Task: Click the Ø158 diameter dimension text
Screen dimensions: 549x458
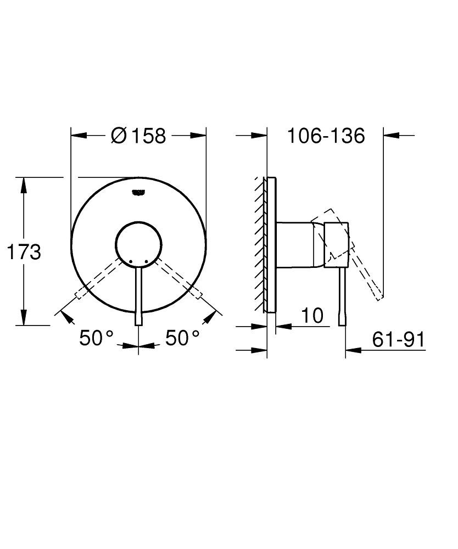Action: pyautogui.click(x=138, y=136)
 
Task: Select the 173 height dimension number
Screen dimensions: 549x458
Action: pyautogui.click(x=23, y=253)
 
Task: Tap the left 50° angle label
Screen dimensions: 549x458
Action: pyautogui.click(x=96, y=338)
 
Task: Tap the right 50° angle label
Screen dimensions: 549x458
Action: pyautogui.click(x=183, y=338)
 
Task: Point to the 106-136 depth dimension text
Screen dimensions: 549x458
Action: pyautogui.click(x=326, y=136)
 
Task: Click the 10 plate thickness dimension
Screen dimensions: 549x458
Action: pyautogui.click(x=311, y=316)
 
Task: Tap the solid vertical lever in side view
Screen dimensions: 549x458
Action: pyautogui.click(x=343, y=296)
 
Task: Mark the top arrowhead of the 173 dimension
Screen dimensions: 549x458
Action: pyautogui.click(x=23, y=184)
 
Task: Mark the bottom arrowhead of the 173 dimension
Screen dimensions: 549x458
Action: pyautogui.click(x=23, y=318)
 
